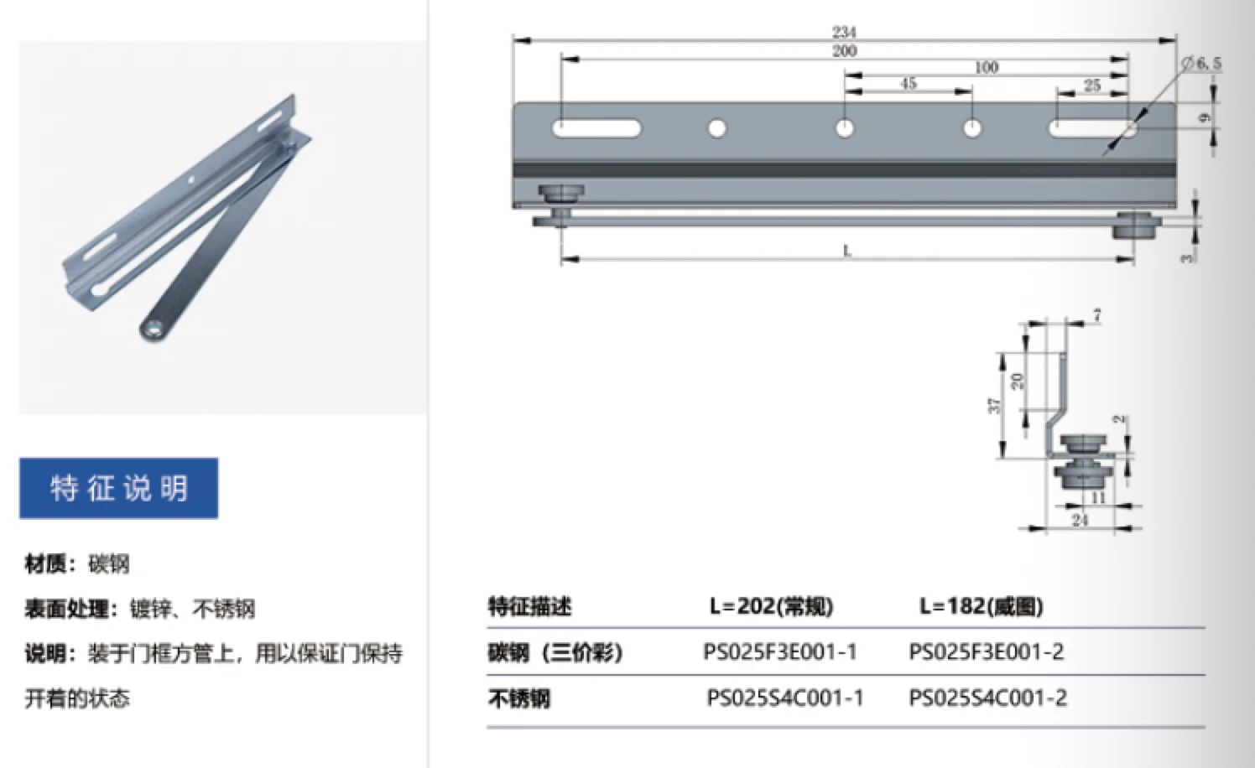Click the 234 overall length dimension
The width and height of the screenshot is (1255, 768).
844,32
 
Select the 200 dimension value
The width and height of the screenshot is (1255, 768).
844,51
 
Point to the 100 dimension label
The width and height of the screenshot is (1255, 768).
987,67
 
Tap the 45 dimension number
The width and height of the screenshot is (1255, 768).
908,83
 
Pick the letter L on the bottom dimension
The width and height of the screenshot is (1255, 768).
847,250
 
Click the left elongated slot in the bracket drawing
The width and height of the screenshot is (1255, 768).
596,128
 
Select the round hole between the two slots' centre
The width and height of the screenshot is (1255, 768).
845,128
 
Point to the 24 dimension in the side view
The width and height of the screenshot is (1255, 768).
1080,520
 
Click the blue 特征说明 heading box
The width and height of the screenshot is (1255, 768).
118,488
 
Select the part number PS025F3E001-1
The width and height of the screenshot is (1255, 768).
780,651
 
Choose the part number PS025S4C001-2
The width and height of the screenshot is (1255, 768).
987,698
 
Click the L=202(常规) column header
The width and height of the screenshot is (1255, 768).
771,606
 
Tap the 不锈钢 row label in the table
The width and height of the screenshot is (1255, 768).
519,698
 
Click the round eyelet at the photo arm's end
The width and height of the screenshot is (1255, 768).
154,329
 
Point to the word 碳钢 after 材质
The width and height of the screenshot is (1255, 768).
109,563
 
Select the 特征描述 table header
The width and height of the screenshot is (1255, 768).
529,606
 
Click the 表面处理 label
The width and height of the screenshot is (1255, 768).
67,609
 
